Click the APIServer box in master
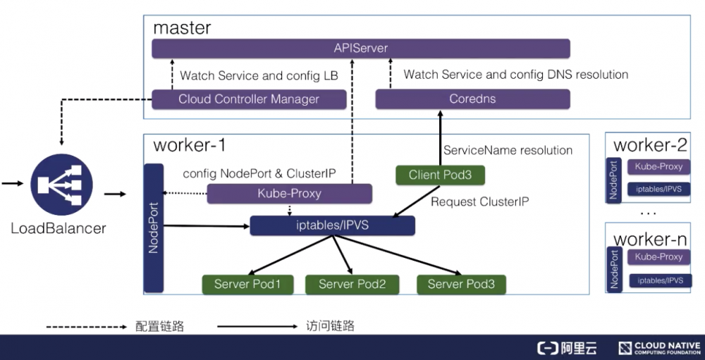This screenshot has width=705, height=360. click(361, 49)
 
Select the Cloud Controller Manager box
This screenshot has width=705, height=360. click(249, 99)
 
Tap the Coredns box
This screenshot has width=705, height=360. click(472, 99)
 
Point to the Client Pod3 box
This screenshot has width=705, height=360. click(441, 175)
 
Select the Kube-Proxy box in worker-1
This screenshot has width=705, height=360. click(289, 194)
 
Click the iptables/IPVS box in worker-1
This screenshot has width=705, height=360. click(333, 225)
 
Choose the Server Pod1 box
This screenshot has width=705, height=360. click(247, 284)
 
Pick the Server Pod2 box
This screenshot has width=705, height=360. click(352, 284)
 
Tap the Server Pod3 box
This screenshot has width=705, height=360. click(461, 284)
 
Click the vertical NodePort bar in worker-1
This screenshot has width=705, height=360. click(152, 228)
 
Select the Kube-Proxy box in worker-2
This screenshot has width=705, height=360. click(659, 168)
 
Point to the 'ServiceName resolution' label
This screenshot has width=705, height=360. click(508, 150)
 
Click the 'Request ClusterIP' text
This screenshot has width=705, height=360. click(479, 201)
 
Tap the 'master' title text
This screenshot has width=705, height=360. click(182, 28)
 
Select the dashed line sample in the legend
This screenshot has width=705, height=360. click(86, 326)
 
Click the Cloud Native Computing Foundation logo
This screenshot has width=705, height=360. click(659, 348)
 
